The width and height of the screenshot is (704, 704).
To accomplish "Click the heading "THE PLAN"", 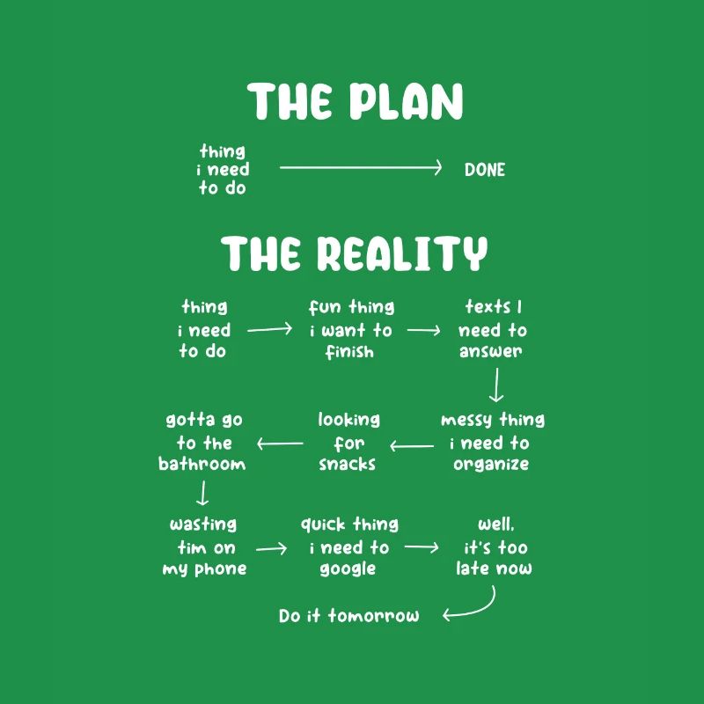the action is pos(355,101).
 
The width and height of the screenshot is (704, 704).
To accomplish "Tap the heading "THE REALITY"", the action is pos(355,253).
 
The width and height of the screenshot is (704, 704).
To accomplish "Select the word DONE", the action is pos(485,170).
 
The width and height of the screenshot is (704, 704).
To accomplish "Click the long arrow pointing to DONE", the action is pos(361,168).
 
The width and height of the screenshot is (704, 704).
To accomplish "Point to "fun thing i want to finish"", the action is pos(351,329).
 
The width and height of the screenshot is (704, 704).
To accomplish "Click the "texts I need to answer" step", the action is pos(492,329).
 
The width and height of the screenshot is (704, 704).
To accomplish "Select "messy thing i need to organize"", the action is pos(492,443).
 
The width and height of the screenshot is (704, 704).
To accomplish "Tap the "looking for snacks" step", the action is pos(348,443).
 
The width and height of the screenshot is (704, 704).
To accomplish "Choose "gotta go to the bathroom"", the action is pos(203,443).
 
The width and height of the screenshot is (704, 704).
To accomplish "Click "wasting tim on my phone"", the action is pos(204,546).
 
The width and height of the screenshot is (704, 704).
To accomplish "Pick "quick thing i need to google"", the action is pos(349,546).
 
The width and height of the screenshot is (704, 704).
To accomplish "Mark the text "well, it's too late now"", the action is pos(494,546).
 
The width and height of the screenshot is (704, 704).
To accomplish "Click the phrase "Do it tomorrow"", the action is pos(348,615).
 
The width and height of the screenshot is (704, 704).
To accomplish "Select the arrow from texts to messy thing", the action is pos(496,385).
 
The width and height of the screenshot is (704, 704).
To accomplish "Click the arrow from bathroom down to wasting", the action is pos(203,493).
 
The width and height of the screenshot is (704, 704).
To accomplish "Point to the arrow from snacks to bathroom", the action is pos(280,444).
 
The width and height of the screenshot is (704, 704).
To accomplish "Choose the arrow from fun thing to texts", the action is pos(423,331).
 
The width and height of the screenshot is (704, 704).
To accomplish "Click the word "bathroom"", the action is pos(202,464).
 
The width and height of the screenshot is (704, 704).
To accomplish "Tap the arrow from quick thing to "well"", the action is pos(422,547).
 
